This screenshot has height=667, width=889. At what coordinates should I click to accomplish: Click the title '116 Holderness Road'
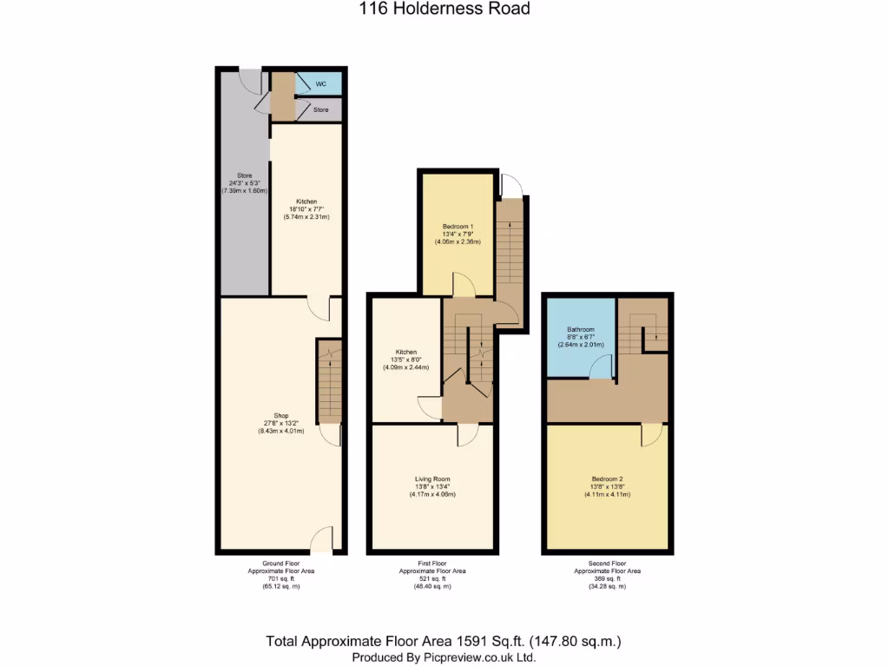[x=444, y=10]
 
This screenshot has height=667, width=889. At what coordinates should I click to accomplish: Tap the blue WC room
[x=319, y=83]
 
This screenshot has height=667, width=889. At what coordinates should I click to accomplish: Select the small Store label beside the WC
[x=321, y=110]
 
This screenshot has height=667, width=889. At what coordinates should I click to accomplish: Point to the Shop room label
[x=280, y=415]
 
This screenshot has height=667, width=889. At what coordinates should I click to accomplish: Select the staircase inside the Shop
[x=329, y=380]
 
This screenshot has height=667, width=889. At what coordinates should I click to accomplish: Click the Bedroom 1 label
[x=458, y=226]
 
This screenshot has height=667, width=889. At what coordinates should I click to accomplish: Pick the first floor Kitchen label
[x=405, y=352]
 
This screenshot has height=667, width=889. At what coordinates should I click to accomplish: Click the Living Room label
[x=432, y=479]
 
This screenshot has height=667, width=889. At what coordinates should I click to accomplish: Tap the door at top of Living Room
[x=466, y=434]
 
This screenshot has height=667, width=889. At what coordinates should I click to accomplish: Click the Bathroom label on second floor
[x=581, y=329]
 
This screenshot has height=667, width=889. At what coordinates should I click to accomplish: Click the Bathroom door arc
[x=600, y=371]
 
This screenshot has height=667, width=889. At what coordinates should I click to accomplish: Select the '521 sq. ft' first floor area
[x=432, y=578]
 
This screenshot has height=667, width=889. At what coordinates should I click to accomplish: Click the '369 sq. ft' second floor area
[x=607, y=578]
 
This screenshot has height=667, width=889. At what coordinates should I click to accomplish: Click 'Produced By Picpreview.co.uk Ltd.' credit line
[x=444, y=657]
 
